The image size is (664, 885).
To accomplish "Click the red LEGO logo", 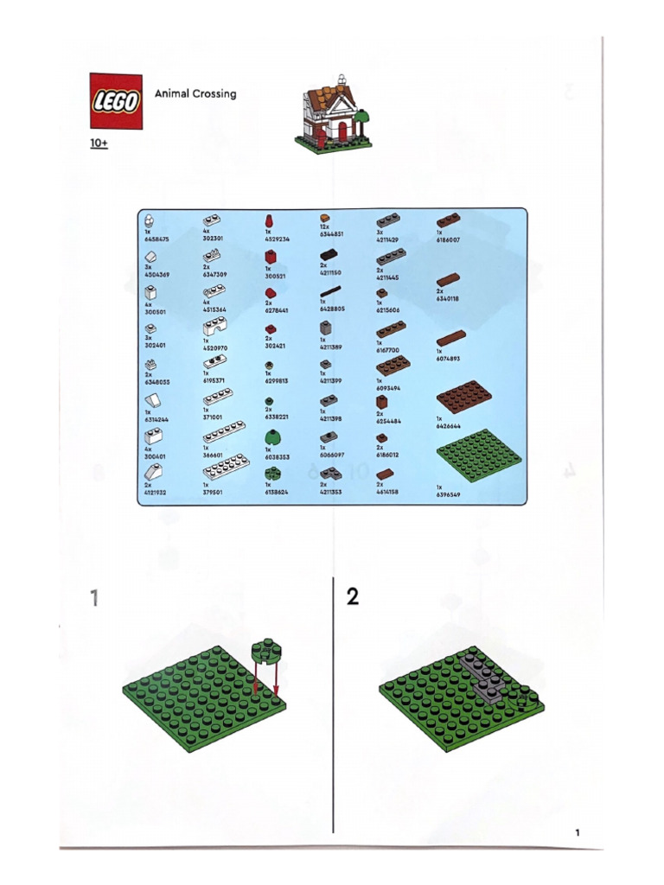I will [x=115, y=100].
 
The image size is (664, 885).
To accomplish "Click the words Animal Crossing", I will [x=195, y=93].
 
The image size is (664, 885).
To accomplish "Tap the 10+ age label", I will [x=99, y=143].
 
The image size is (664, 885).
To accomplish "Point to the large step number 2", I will [x=353, y=597].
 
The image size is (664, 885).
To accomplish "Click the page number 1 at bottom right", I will [x=576, y=832].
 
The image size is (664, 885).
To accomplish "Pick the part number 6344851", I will [x=332, y=233].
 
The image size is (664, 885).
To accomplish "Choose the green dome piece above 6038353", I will [x=272, y=436].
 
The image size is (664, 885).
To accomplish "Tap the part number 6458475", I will [x=157, y=239].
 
